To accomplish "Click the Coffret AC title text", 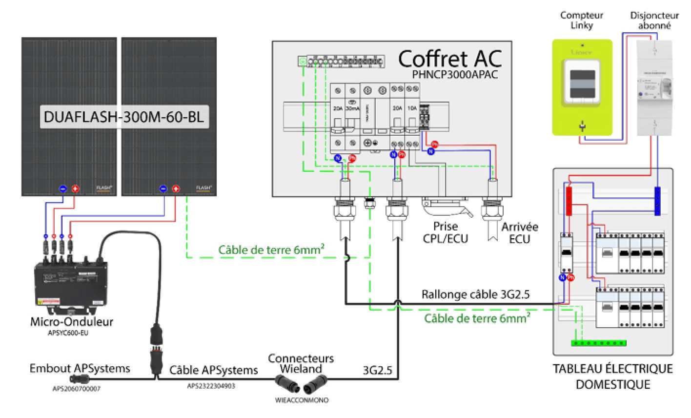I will [x=449, y=58].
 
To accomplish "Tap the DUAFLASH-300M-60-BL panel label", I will [x=124, y=118].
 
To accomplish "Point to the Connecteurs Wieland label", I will [x=301, y=363].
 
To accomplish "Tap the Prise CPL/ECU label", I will [x=446, y=232].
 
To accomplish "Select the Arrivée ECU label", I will [x=520, y=232].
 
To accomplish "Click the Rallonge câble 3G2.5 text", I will [x=476, y=295].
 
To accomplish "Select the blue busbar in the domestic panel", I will [x=657, y=201].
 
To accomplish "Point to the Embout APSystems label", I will [x=80, y=368].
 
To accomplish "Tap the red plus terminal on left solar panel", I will [x=76, y=188].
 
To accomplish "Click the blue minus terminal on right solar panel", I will [x=163, y=188].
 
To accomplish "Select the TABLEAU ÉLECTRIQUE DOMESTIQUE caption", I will [x=612, y=376].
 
